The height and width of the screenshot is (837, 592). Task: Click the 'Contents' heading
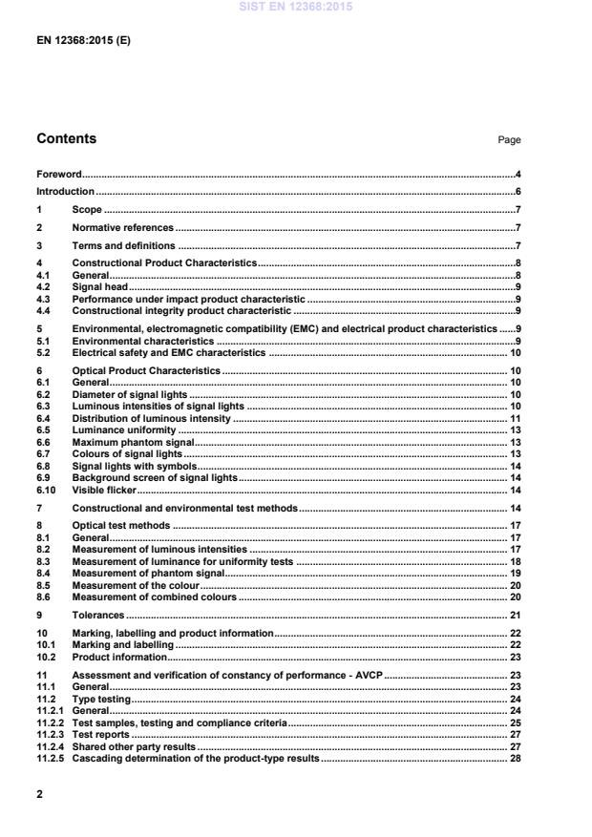[66, 139]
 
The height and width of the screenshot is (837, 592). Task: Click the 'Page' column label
[509, 140]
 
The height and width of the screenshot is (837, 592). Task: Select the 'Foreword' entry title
[58, 175]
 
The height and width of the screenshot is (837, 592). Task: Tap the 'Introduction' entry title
[65, 192]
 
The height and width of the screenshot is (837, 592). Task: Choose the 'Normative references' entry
[123, 228]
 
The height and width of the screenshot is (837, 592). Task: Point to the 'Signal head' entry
[100, 285]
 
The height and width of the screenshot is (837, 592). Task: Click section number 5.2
[43, 352]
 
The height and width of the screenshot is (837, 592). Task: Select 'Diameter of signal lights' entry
[130, 393]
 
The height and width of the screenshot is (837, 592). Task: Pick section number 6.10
[45, 490]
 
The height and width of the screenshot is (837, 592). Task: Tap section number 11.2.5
[50, 758]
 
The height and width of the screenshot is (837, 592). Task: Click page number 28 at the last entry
[514, 758]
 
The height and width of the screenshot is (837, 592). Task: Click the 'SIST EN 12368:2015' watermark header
[295, 7]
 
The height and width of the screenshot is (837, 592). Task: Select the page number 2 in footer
[40, 793]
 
